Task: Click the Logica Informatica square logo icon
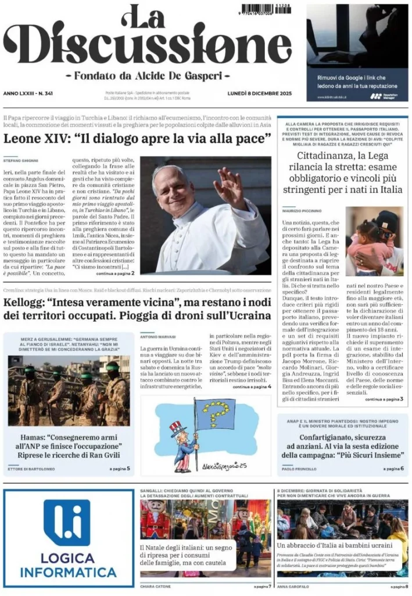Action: [67, 523]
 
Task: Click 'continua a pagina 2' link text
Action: [115, 272]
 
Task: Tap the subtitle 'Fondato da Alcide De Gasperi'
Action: [148, 76]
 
